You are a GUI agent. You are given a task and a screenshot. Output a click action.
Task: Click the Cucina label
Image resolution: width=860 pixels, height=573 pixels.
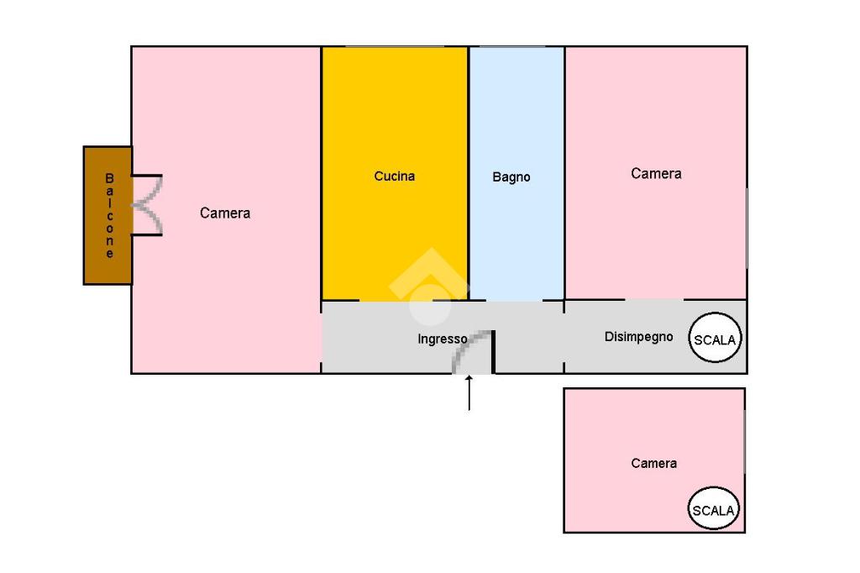tap(394, 176)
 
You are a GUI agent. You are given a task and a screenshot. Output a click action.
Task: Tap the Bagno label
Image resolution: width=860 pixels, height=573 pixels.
tap(511, 177)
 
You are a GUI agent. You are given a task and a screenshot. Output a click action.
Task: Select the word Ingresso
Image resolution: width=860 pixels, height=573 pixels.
tap(443, 339)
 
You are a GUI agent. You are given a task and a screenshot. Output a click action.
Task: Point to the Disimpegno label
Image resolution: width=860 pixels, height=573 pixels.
tap(638, 337)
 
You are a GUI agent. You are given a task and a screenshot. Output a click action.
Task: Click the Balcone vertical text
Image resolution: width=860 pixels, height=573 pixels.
tap(109, 215)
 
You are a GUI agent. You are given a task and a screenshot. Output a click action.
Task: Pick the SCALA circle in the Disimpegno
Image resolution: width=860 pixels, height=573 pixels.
tap(716, 339)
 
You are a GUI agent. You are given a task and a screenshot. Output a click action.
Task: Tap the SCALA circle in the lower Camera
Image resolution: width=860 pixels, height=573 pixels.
tap(714, 509)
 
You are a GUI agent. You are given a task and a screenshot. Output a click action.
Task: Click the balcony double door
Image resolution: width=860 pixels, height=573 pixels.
tap(148, 205)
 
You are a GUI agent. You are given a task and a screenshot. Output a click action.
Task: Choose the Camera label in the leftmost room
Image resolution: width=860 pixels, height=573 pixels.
tap(225, 213)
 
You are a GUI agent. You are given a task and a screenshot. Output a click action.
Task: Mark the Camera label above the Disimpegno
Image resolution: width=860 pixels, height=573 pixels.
tap(656, 174)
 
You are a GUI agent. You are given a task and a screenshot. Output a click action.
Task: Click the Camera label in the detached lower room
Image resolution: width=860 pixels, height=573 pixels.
tap(653, 464)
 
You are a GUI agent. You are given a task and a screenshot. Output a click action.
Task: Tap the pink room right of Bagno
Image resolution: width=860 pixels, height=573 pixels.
tap(656, 235)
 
